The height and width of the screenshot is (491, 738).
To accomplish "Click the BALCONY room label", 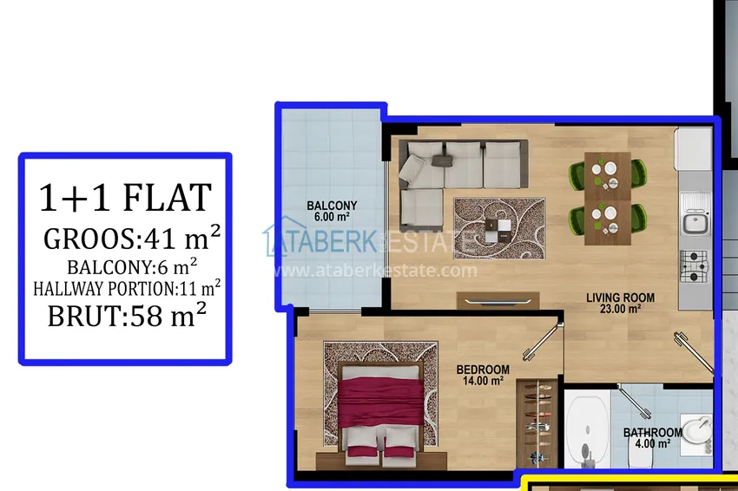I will click(332, 206).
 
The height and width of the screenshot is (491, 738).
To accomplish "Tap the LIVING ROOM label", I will click(620, 298).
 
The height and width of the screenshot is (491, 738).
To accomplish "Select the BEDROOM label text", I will click(483, 370).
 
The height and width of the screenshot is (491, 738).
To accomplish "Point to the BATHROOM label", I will click(652, 433).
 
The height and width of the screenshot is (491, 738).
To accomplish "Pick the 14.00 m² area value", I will click(483, 381).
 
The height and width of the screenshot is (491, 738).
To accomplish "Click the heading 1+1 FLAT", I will click(125, 198).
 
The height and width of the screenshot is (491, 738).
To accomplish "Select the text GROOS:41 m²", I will click(131, 237).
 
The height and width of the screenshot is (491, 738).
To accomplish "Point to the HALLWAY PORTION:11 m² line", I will click(127, 285).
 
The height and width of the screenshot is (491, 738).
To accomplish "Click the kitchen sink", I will click(694, 223).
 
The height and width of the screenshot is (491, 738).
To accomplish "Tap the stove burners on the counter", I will click(694, 265).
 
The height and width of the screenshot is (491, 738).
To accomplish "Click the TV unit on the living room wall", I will click(497, 300).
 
